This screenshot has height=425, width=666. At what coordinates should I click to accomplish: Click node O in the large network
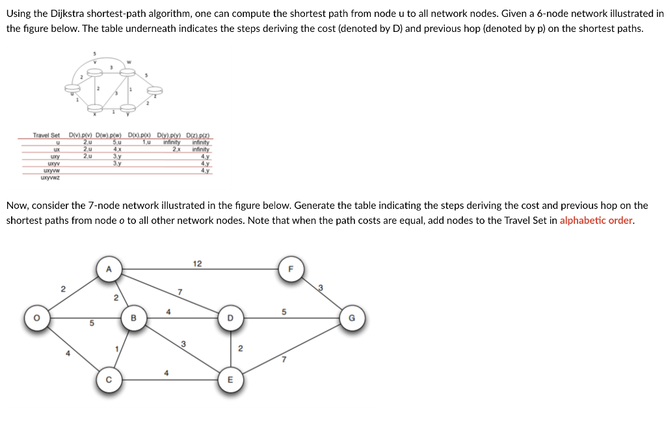tap(36, 318)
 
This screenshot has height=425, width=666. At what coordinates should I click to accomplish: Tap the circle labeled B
tap(133, 318)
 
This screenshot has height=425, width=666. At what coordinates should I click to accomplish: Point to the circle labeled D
tap(229, 318)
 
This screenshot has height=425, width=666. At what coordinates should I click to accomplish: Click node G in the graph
tap(352, 318)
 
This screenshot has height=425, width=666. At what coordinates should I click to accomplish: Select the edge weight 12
tap(198, 264)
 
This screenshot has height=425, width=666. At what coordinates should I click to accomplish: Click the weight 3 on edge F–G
tap(321, 288)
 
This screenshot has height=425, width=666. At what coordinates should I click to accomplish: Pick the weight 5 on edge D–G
tap(284, 312)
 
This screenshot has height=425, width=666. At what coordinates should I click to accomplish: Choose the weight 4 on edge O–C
tap(68, 353)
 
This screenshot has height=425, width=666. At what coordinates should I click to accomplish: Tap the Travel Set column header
tap(46, 135)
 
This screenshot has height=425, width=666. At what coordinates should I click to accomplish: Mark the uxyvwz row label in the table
tap(50, 176)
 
